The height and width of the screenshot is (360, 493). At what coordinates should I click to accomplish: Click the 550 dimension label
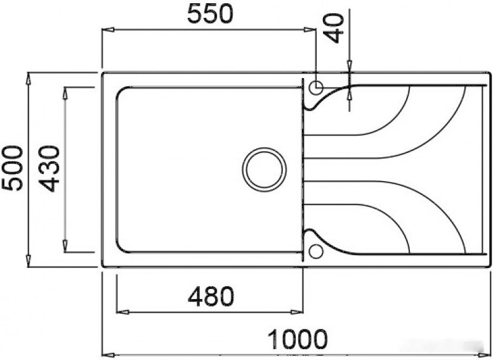pyautogui.click(x=210, y=14)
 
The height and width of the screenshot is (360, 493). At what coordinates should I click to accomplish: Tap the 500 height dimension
pyautogui.click(x=12, y=168)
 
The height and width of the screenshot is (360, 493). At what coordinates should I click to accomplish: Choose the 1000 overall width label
pyautogui.click(x=296, y=340)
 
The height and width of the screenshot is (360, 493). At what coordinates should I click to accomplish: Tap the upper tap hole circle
pyautogui.click(x=315, y=87)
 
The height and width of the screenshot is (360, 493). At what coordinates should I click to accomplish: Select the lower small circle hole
pyautogui.click(x=315, y=251)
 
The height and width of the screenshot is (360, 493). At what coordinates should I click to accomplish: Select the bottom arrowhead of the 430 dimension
pyautogui.click(x=65, y=246)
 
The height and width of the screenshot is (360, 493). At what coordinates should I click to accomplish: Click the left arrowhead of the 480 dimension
pyautogui.click(x=122, y=311)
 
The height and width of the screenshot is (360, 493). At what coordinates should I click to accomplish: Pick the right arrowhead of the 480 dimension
pyautogui.click(x=298, y=311)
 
